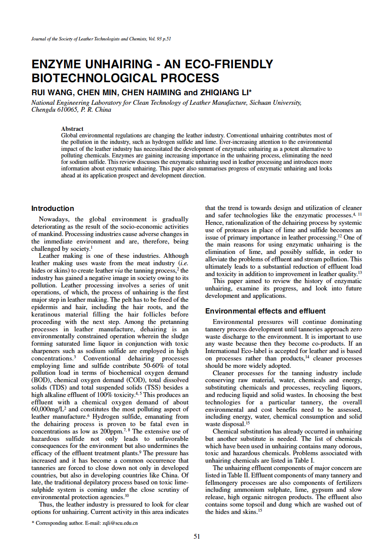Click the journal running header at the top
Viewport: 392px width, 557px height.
point(101,39)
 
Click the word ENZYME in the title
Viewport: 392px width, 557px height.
point(56,65)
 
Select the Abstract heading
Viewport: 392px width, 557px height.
point(72,129)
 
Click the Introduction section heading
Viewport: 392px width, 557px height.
point(53,209)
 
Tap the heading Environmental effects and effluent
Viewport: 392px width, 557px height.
point(265,311)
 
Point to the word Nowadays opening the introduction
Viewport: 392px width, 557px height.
point(56,220)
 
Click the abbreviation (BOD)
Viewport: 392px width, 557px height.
point(39,380)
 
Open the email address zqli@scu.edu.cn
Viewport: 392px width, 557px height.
point(118,523)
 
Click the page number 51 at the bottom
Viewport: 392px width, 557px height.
point(197,537)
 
